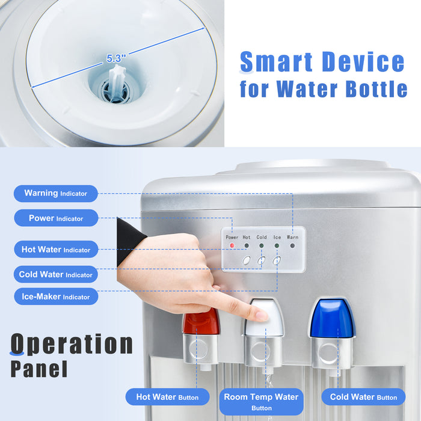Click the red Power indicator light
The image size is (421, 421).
[232, 245]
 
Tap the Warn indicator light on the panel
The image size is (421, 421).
[292, 245]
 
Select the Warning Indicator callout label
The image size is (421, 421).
[56, 193]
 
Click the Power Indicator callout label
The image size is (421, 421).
[56, 218]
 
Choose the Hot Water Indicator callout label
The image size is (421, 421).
[56, 250]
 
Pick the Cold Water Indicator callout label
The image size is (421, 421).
[56, 274]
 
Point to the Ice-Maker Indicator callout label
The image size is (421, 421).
[56, 297]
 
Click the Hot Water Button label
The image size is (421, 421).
[168, 397]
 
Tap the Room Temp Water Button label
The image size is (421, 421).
[261, 402]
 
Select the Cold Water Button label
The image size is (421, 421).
[363, 397]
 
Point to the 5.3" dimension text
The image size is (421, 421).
[116, 58]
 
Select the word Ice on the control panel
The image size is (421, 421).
[277, 238]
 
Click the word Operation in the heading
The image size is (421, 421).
[72, 344]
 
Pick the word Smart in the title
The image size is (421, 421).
[276, 62]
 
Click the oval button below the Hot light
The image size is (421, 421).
[247, 260]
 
